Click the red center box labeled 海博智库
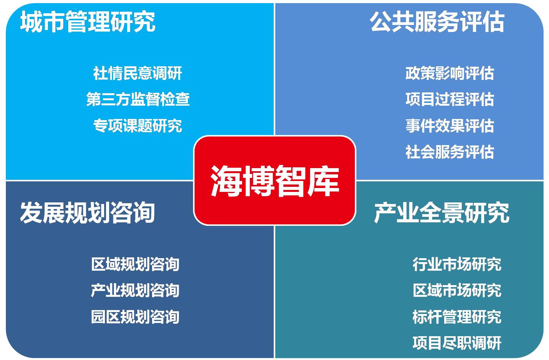pyautogui.click(x=274, y=181)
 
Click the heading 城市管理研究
pyautogui.click(x=88, y=21)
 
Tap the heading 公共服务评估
pyautogui.click(x=437, y=21)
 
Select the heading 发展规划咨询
pyautogui.click(x=87, y=213)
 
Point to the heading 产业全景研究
pyautogui.click(x=442, y=213)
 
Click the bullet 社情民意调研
pyautogui.click(x=138, y=73)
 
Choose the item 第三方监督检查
pyautogui.click(x=138, y=99)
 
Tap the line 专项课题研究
pyautogui.click(x=138, y=126)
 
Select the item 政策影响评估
pyautogui.click(x=450, y=73)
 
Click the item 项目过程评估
pyautogui.click(x=450, y=99)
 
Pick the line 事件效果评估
pyautogui.click(x=450, y=126)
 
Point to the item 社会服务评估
pyautogui.click(x=450, y=152)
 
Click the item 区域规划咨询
pyautogui.click(x=135, y=264)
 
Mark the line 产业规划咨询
pyautogui.click(x=135, y=290)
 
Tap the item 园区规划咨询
pyautogui.click(x=135, y=317)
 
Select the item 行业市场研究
pyautogui.click(x=457, y=264)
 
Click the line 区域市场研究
pyautogui.click(x=457, y=290)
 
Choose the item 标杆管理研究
pyautogui.click(x=457, y=317)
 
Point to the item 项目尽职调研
pyautogui.click(x=457, y=343)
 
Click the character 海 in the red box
pyautogui.click(x=226, y=181)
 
